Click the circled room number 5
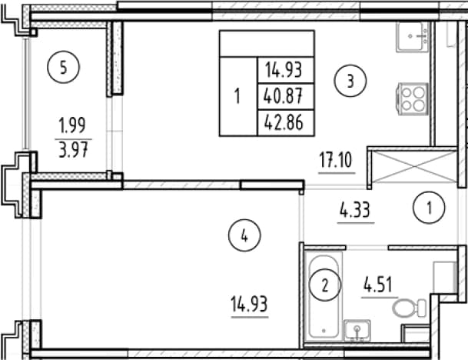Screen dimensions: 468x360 point(63,67)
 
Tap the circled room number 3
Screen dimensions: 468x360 point(350,81)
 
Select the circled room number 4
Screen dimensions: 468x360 point(244,235)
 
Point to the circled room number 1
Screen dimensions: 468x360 point(429,208)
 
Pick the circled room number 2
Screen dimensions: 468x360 point(324,285)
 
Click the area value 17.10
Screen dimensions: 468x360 point(336,161)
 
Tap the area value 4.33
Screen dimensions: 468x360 point(355,210)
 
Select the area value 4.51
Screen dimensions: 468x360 point(378,285)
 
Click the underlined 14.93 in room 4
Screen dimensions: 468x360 point(249,304)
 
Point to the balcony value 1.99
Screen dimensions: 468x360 point(72,125)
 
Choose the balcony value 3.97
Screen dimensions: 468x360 point(74,149)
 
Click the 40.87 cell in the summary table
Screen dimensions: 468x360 point(284,96)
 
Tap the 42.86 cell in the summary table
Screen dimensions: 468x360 point(284,122)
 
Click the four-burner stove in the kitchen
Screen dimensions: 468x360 point(413,99)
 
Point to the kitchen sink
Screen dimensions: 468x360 point(413,37)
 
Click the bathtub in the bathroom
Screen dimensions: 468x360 point(324,296)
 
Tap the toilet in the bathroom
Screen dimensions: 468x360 point(409,308)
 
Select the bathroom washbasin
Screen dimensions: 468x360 point(357,330)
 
